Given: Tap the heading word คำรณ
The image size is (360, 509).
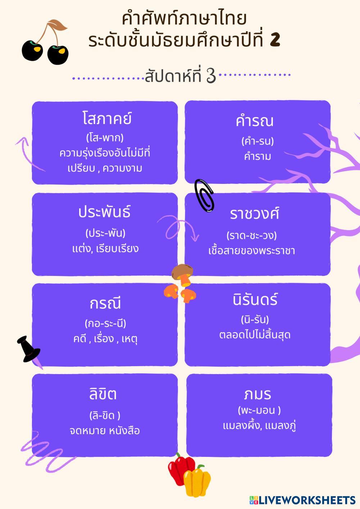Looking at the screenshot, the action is coord(255,121).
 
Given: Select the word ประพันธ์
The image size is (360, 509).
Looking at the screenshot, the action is coord(104,212).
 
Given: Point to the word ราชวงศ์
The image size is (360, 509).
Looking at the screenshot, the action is coord(255,214).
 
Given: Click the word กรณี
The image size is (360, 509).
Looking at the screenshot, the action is coord(105,304).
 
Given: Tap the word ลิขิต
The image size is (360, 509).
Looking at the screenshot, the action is coord(103,394).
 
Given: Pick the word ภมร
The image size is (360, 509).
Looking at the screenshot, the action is coord(257,394).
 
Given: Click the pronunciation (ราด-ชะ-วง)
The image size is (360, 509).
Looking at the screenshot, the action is coord(252,236).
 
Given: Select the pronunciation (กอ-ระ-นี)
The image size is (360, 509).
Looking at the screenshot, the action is coord(105,323).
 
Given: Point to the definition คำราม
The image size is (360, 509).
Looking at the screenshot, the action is coord(257,157).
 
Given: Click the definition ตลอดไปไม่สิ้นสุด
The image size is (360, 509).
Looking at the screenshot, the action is coord(255,335).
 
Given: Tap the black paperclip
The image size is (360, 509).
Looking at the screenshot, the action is coord(204,195).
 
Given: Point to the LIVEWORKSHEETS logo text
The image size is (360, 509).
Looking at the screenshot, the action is coord(307,500).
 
